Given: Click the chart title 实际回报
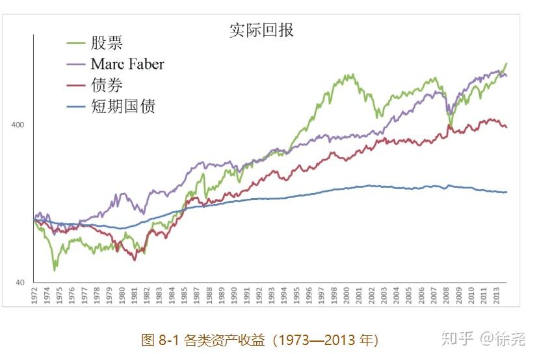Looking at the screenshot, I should tap(261, 30).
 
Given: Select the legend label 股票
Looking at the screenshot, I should tap(107, 44).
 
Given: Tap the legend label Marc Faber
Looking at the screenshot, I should tap(127, 64).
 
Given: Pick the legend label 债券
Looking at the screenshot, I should tap(107, 85).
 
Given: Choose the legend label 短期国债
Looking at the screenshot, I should tap(124, 106).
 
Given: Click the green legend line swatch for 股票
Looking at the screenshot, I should tap(77, 44).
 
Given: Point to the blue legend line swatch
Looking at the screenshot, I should tap(77, 107).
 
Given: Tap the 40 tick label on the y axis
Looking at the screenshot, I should tap(20, 283).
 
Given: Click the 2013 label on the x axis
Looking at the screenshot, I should tap(498, 296).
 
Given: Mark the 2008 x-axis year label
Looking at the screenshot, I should tap(441, 296).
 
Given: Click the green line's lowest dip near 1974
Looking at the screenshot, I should tap(55, 269).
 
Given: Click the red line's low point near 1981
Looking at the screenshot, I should tap(135, 260).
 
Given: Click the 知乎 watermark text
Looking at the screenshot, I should tap(457, 339).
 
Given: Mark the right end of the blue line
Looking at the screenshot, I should tap(506, 192).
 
